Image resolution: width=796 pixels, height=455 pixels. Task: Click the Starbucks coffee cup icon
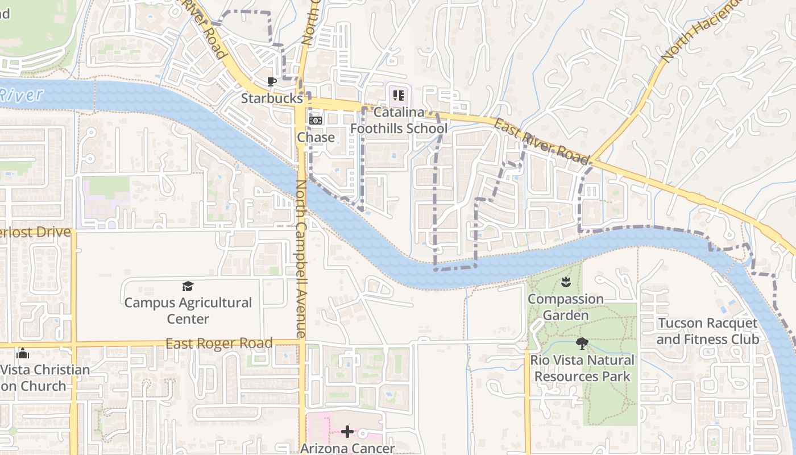coord(272,81)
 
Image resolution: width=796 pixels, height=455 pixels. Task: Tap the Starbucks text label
coord(272,98)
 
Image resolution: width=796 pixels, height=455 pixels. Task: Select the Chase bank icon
coord(316,121)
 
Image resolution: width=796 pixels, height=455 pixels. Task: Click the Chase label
coord(316,138)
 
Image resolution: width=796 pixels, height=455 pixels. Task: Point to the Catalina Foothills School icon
coord(398,95)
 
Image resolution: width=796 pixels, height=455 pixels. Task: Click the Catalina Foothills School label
coord(399,120)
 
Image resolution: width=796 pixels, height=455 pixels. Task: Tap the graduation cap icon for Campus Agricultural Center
coord(188,286)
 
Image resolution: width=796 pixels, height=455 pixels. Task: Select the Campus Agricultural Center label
coord(188,311)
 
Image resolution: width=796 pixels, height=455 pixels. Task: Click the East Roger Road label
coord(219,344)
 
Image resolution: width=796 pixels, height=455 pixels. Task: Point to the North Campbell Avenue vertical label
coord(301,259)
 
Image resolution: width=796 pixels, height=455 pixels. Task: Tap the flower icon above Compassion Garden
coord(565,282)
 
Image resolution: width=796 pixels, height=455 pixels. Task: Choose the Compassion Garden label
coord(565,307)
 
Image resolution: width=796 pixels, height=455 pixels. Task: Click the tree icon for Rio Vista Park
coord(582,343)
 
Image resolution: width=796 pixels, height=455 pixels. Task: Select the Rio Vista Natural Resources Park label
coord(582,368)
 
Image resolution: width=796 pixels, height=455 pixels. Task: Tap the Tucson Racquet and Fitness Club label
coord(708,331)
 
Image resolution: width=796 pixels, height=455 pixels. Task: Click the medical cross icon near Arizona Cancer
coord(347,432)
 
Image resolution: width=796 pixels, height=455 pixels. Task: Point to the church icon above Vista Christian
coord(23,353)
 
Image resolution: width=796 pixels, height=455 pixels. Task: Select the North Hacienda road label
coord(702,31)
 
